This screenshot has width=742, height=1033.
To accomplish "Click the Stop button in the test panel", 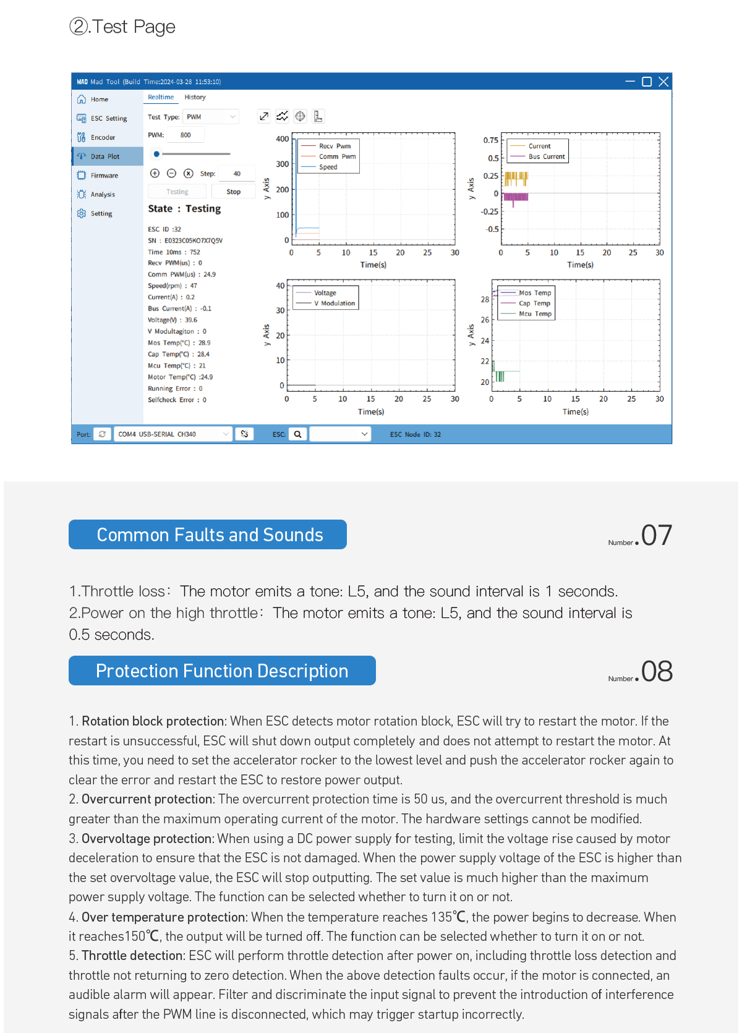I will point(233,192).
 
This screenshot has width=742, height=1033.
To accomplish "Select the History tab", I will point(195,97).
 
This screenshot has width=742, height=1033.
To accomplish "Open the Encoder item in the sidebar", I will point(103,137).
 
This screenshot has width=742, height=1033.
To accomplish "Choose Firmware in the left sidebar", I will point(104,176).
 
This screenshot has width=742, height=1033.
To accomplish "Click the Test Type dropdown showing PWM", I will point(211,117).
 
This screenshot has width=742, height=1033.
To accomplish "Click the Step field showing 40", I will point(236,174).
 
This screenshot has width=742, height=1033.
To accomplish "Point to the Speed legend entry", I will point(328,167).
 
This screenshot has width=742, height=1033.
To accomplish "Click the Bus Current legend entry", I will point(547,156).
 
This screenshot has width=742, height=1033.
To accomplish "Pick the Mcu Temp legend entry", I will point(535,314).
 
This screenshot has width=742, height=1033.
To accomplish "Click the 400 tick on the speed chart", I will point(283,139).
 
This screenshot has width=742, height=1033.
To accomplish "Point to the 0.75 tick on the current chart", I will point(491,140).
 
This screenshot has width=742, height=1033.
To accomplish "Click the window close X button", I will point(663,82).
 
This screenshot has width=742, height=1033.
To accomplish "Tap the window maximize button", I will point(647,82).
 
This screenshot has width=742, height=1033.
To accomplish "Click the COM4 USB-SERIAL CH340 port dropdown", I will point(173,434).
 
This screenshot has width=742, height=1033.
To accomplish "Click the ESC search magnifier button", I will point(297,434).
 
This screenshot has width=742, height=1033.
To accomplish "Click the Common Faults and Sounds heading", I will point(210,534).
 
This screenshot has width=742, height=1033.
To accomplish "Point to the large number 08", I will point(657,671).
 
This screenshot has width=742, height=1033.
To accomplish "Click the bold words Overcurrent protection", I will point(147,799).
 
